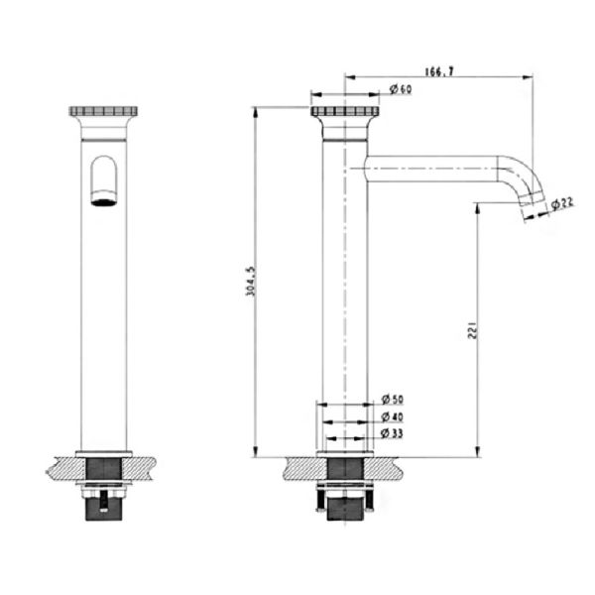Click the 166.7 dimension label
tap(439, 71)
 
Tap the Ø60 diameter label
tap(401, 89)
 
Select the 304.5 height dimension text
tap(251, 282)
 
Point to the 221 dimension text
tap(473, 330)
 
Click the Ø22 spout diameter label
tap(562, 203)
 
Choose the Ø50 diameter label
tap(393, 400)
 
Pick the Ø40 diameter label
tap(392, 416)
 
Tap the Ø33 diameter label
tap(392, 433)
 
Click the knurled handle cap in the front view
tap(103, 111)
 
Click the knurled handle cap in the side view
tap(345, 111)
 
